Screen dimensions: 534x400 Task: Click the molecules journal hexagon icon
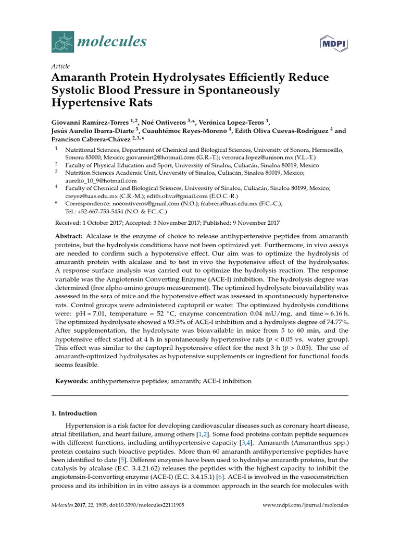tap(63, 41)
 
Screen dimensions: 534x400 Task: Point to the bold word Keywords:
tap(72, 381)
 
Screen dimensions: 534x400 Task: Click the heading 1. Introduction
tap(74, 413)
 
